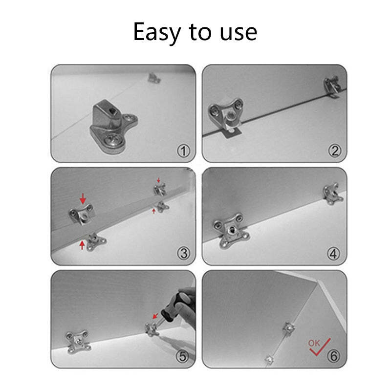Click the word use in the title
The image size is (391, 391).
(239, 33)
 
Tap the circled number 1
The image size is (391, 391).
(183, 151)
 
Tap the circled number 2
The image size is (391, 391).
(334, 151)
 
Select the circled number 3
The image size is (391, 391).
(183, 254)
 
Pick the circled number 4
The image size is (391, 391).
(334, 254)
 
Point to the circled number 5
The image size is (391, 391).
(182, 356)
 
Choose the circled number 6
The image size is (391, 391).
(334, 356)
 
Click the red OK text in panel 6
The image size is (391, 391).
(314, 344)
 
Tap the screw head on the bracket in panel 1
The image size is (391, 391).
(114, 140)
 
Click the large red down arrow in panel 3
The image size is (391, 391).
(83, 198)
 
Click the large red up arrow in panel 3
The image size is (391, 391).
(82, 245)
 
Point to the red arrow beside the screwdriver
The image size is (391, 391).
(155, 316)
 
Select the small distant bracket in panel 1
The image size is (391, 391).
(154, 78)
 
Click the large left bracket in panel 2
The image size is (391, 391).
(226, 113)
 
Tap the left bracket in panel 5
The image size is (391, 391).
(78, 341)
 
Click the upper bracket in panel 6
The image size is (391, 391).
(288, 328)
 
